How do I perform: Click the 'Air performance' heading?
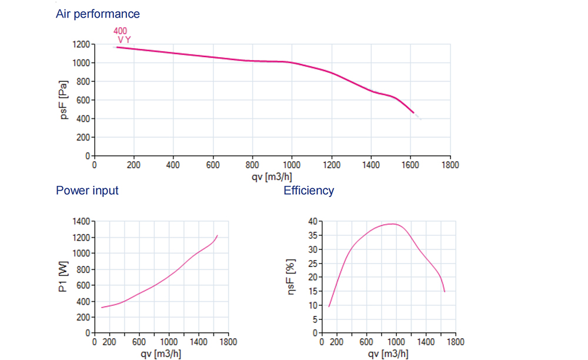[98, 14]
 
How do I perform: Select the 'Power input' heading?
[87, 191]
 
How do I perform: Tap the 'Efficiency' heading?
[309, 191]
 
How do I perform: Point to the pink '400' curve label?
[120, 31]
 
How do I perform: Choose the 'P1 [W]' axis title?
[64, 277]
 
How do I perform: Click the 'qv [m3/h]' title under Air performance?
[272, 175]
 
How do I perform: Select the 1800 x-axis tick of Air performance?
[450, 165]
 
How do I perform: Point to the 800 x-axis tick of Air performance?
[252, 165]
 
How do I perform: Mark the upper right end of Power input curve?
[218, 235]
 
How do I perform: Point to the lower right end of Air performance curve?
[413, 112]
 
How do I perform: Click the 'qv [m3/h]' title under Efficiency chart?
[388, 354]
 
